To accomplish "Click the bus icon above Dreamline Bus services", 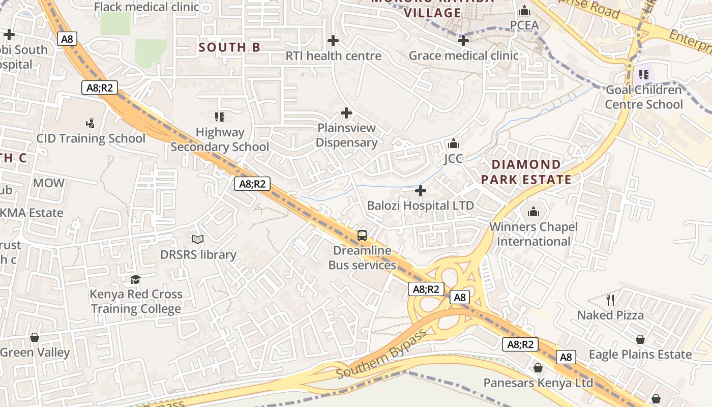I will tap(362, 235).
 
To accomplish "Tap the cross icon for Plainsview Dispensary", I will tap(346, 112).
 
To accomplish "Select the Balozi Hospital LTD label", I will tap(420, 206).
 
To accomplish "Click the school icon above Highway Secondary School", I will tap(220, 117).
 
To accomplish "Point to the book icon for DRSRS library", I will tap(198, 239).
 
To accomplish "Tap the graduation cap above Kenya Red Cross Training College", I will tap(135, 279).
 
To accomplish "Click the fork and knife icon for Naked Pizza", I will tap(610, 300).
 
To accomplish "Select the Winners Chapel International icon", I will tap(533, 211).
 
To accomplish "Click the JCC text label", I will tap(453, 159).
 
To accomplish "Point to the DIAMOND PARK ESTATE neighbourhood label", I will tap(526, 172).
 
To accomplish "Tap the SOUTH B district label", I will tap(229, 47).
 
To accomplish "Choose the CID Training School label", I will tap(91, 138).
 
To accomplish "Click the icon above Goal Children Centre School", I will tap(644, 75).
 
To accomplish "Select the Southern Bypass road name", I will tap(381, 356).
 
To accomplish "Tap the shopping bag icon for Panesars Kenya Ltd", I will tap(538, 368).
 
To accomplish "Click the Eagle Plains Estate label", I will tap(640, 354).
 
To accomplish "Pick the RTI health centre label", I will tap(333, 55).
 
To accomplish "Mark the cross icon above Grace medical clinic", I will tap(463, 41).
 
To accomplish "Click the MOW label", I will tap(49, 183).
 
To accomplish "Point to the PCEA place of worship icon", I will tap(524, 11).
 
